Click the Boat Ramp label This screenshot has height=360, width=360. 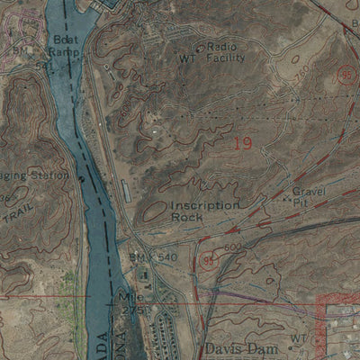[x=66, y=46]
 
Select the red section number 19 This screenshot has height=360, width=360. [x=242, y=142]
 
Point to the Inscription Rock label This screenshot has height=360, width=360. [x=205, y=211]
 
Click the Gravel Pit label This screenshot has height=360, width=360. [x=309, y=198]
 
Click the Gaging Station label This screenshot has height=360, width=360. [x=36, y=175]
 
